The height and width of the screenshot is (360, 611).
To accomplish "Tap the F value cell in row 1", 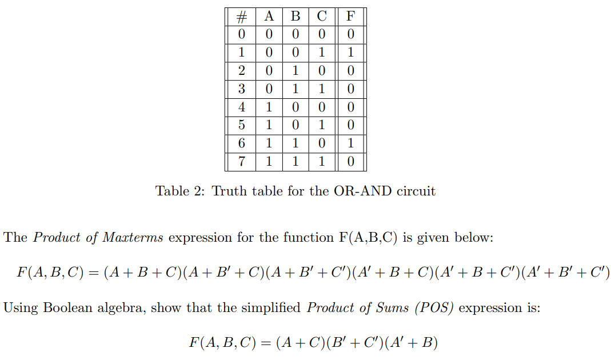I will coord(350,53).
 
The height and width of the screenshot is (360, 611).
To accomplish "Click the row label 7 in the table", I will coord(241,162).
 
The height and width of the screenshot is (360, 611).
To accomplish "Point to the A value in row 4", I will coord(269,107).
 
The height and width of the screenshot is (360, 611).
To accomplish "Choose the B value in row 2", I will coord(295,71).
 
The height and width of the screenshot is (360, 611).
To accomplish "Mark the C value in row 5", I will coord(321,125).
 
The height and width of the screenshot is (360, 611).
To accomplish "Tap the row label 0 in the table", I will coord(241,34).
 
